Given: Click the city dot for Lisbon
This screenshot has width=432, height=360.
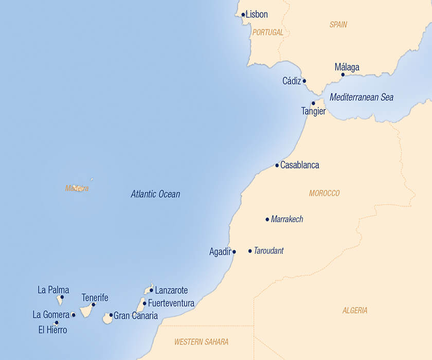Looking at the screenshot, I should [x=243, y=14].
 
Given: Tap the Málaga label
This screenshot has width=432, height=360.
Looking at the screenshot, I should [x=347, y=67].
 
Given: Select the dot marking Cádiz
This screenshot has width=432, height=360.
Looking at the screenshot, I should [x=304, y=81].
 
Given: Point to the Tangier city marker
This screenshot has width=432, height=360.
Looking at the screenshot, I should [x=313, y=103].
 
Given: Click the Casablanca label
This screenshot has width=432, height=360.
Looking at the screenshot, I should [x=300, y=165].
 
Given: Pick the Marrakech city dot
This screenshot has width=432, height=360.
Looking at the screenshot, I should [x=267, y=219].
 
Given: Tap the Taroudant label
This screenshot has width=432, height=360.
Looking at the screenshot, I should [x=268, y=251].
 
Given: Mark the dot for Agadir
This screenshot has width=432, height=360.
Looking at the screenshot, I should [x=234, y=252].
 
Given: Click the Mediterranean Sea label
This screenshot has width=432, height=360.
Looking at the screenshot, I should [x=362, y=97].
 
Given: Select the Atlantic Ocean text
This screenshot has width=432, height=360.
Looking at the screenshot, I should [x=155, y=194].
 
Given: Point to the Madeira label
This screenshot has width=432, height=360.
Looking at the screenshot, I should [x=77, y=188].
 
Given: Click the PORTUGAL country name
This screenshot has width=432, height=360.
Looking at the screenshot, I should [x=267, y=32].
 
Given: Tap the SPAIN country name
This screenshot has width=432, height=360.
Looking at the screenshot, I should [x=338, y=24].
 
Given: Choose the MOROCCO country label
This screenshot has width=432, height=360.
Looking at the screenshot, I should [x=325, y=193].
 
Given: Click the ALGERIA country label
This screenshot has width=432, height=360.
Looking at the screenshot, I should [x=355, y=311].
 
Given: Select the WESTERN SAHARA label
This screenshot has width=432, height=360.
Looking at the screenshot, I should [x=201, y=341].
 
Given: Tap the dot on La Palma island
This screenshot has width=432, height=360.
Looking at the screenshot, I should [x=62, y=297].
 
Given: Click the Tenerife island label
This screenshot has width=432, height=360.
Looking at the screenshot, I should [x=95, y=297].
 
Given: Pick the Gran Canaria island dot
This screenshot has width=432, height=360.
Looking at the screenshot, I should [x=111, y=315].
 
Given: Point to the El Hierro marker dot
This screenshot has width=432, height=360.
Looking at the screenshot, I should [x=57, y=322].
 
